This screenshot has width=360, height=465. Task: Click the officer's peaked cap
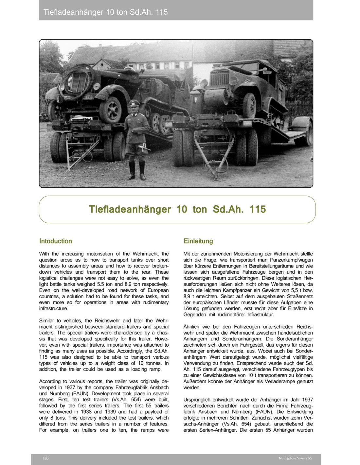pyautogui.click(x=135, y=103)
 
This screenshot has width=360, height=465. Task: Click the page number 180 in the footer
pyautogui.click(x=46, y=458)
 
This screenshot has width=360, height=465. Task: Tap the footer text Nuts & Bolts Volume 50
pyautogui.click(x=295, y=458)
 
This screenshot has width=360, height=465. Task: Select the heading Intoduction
pyautogui.click(x=55, y=241)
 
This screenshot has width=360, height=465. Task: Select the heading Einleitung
pyautogui.click(x=198, y=241)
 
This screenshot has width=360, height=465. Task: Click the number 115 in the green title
pyautogui.click(x=258, y=209)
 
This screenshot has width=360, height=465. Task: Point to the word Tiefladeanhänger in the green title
pyautogui.click(x=130, y=209)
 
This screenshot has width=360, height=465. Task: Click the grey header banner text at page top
pyautogui.click(x=105, y=12)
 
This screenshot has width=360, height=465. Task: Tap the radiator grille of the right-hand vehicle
pyautogui.click(x=220, y=79)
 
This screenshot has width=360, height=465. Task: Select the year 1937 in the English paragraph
pyautogui.click(x=70, y=387)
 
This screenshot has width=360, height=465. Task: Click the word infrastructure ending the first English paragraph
pyautogui.click(x=54, y=308)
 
